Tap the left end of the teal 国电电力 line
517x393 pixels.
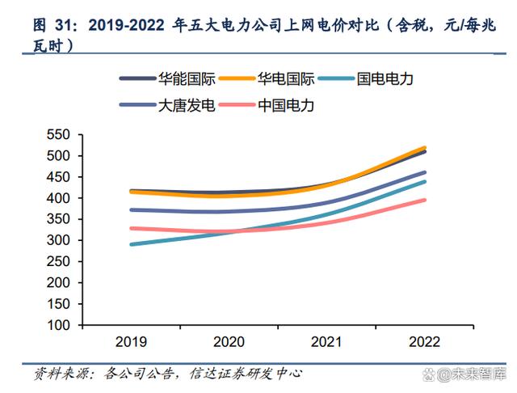pos(130,244)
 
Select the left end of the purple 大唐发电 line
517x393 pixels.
pos(130,209)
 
